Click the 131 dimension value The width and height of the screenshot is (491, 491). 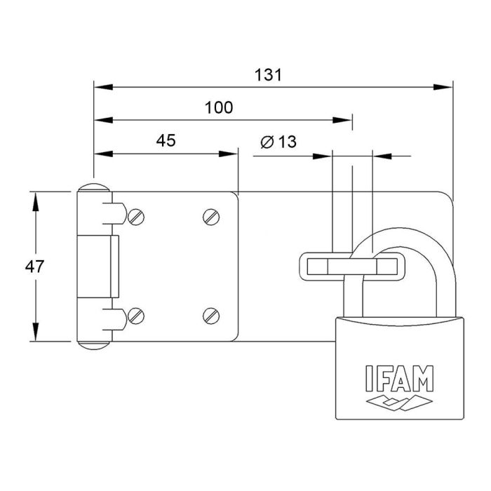click(x=269, y=76)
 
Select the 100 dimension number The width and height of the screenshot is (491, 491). click(x=219, y=107)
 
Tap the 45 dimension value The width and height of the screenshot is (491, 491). click(x=166, y=140)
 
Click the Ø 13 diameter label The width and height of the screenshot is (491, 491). click(x=278, y=142)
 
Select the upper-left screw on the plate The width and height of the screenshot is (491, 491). click(x=137, y=217)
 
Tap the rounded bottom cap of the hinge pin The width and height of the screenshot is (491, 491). click(x=93, y=344)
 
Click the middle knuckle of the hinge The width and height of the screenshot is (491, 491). click(x=98, y=266)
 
